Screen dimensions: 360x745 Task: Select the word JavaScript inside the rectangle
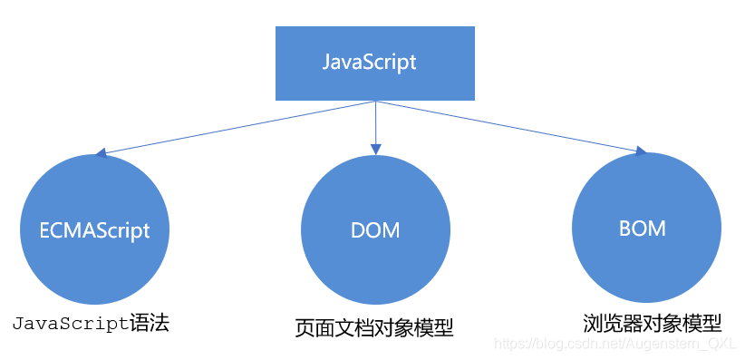(370, 63)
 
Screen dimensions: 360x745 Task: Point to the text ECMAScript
(95, 230)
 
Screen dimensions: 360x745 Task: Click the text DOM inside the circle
(374, 230)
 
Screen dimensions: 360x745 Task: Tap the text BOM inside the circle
(642, 229)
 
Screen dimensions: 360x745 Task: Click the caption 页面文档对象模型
(373, 327)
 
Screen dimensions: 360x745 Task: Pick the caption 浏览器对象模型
(652, 323)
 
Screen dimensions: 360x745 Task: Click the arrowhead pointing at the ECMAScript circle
(102, 153)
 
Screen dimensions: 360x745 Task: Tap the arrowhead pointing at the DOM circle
(374, 147)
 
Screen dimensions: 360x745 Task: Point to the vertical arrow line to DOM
(374, 122)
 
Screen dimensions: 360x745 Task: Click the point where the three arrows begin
(374, 101)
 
